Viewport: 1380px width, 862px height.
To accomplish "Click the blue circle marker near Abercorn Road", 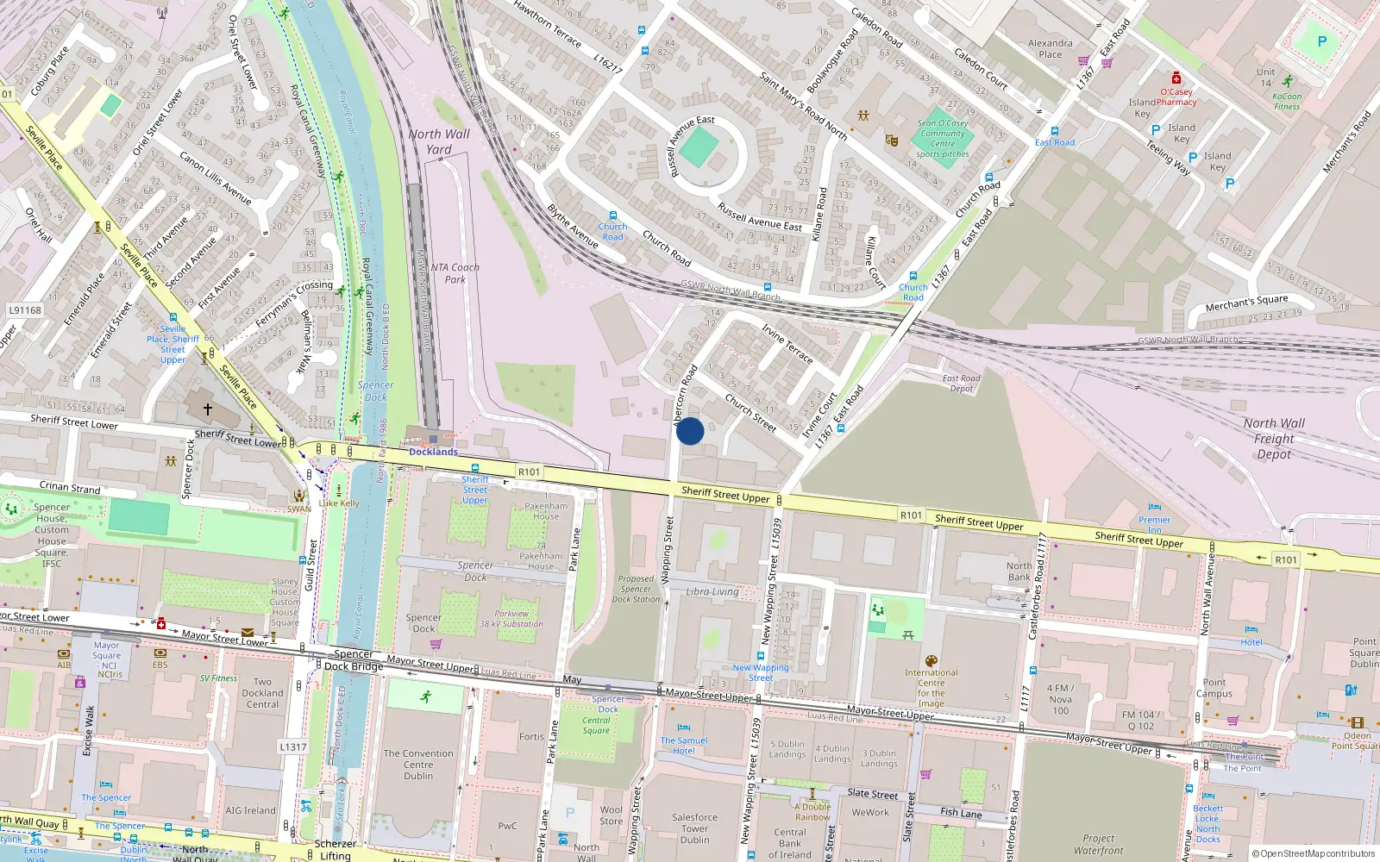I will (x=690, y=431).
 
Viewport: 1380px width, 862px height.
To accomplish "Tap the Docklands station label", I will (x=433, y=452).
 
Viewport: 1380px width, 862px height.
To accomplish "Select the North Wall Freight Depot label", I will (x=1274, y=439).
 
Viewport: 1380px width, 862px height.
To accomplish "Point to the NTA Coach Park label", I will (x=455, y=273).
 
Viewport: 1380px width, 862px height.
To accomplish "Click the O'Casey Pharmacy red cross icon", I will (x=1176, y=78).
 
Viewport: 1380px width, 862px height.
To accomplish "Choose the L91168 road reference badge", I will (x=25, y=310).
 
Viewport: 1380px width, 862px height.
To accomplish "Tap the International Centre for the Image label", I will (x=931, y=688).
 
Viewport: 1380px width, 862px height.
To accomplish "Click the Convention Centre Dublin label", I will (x=418, y=765).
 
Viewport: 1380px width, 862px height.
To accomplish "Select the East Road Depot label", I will (x=961, y=384).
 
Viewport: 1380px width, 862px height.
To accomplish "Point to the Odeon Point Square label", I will (x=1356, y=740).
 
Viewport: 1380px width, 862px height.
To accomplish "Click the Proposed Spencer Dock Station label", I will (x=636, y=590).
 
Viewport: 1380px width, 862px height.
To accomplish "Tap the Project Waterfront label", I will (x=1098, y=844).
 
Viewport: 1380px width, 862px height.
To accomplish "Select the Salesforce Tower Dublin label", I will (x=694, y=828).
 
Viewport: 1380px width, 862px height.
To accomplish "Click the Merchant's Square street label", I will (x=1246, y=303).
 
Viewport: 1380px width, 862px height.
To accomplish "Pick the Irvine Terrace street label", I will (x=787, y=343).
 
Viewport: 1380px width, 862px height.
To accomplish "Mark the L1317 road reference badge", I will (x=293, y=747).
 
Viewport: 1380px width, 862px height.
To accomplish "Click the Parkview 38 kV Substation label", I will (x=511, y=619).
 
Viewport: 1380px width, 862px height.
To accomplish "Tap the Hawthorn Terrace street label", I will (x=547, y=23).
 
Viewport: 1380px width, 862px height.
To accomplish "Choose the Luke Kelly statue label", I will (x=339, y=503).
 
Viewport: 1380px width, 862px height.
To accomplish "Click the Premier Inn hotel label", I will (x=1154, y=524).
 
